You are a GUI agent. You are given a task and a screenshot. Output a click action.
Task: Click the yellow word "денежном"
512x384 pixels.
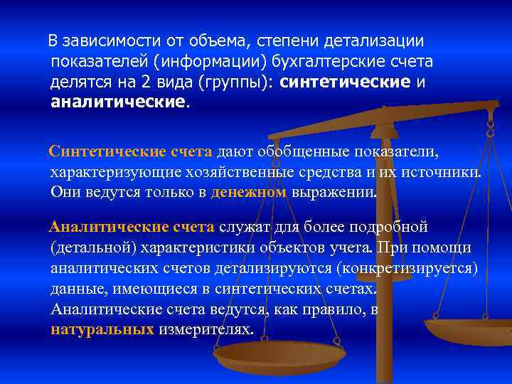(249, 192)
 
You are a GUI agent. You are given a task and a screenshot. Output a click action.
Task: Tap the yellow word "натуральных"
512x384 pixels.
(102, 330)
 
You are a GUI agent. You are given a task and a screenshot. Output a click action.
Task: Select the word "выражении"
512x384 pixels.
(334, 192)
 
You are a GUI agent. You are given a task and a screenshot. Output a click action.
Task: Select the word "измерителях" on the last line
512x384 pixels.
(206, 330)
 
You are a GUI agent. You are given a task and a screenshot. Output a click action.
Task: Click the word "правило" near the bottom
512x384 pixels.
(329, 310)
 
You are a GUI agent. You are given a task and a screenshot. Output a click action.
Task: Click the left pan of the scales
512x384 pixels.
(279, 353)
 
